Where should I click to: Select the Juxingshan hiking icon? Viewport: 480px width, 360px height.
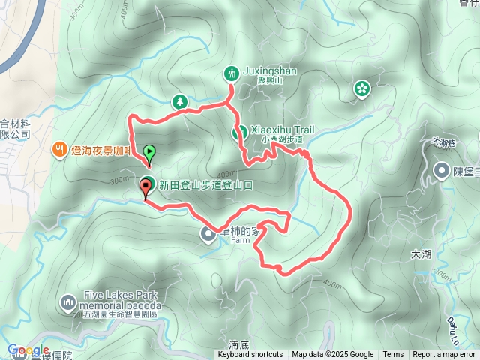231,73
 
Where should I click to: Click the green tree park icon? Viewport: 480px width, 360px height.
179,100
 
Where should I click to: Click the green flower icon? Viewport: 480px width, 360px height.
361,89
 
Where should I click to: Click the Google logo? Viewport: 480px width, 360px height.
28,350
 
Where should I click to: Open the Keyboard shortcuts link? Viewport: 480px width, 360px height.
250,355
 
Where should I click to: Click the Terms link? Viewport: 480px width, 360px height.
393,355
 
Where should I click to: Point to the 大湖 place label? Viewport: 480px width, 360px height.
423,255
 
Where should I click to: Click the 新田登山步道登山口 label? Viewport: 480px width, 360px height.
200,185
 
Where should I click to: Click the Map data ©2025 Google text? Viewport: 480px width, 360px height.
333,355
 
